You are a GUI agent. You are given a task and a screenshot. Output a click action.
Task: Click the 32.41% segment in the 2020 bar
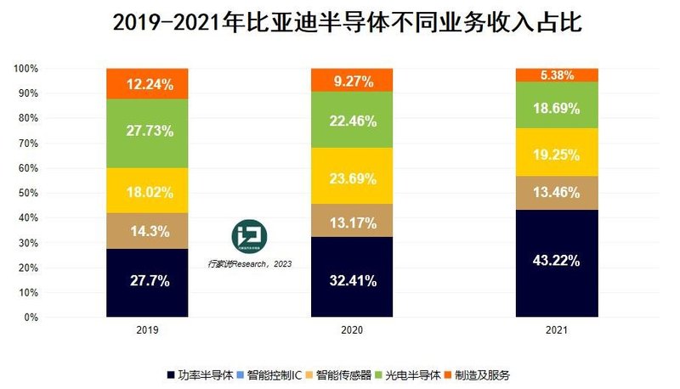pos(352,277)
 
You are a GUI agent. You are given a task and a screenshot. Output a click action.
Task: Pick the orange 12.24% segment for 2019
pos(147,83)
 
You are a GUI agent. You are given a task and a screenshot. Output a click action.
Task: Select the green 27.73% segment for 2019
pos(147,132)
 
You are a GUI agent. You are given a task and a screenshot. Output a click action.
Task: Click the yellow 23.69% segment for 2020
pos(352,176)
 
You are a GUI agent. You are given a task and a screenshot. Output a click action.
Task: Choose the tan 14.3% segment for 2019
pos(147,231)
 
